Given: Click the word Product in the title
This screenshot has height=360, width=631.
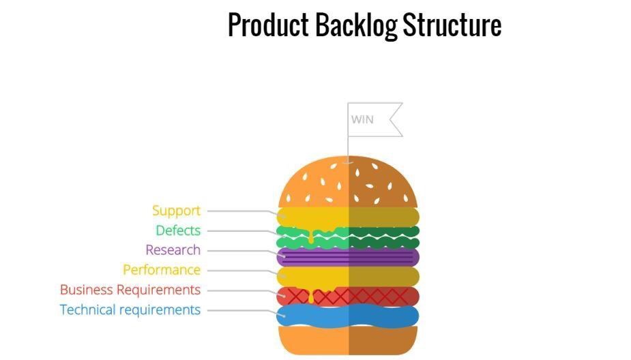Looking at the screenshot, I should (x=268, y=25).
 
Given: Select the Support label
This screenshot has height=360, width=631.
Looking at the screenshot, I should (x=176, y=211).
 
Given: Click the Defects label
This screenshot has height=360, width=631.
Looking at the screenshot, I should (x=178, y=230).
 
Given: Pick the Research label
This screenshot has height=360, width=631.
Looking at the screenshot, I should (x=173, y=250).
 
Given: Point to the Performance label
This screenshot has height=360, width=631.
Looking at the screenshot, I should (x=162, y=270).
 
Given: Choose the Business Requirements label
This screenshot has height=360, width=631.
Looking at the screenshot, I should (x=130, y=290).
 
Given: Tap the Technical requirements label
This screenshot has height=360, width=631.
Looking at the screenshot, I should (x=130, y=310).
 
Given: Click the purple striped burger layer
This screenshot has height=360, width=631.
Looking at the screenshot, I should (x=348, y=256).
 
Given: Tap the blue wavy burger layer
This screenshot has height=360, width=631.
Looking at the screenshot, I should (x=348, y=316).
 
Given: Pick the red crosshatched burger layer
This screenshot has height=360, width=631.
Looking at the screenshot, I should (x=348, y=296).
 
